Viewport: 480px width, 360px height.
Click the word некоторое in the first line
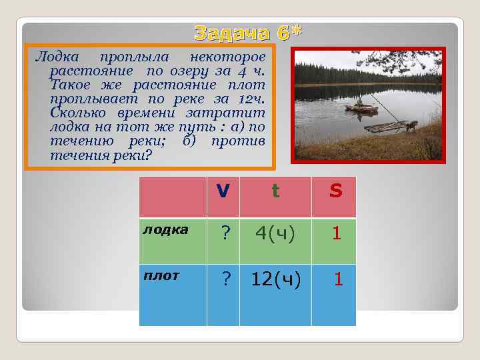[227, 57]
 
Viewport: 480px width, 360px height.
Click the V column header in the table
[223, 192]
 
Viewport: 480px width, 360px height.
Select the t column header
[275, 192]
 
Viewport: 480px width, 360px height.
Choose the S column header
[335, 192]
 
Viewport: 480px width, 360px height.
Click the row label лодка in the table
[166, 229]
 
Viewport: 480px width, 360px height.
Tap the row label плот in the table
[161, 275]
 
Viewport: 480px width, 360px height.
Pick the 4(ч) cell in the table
[275, 233]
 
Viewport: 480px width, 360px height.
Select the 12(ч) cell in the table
[276, 279]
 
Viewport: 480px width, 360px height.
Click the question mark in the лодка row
[226, 233]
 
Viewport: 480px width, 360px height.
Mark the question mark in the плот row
[226, 279]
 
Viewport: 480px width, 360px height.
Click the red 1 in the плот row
[338, 279]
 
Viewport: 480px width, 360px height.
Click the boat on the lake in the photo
[357, 105]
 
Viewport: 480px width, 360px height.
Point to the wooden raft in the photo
[389, 125]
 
